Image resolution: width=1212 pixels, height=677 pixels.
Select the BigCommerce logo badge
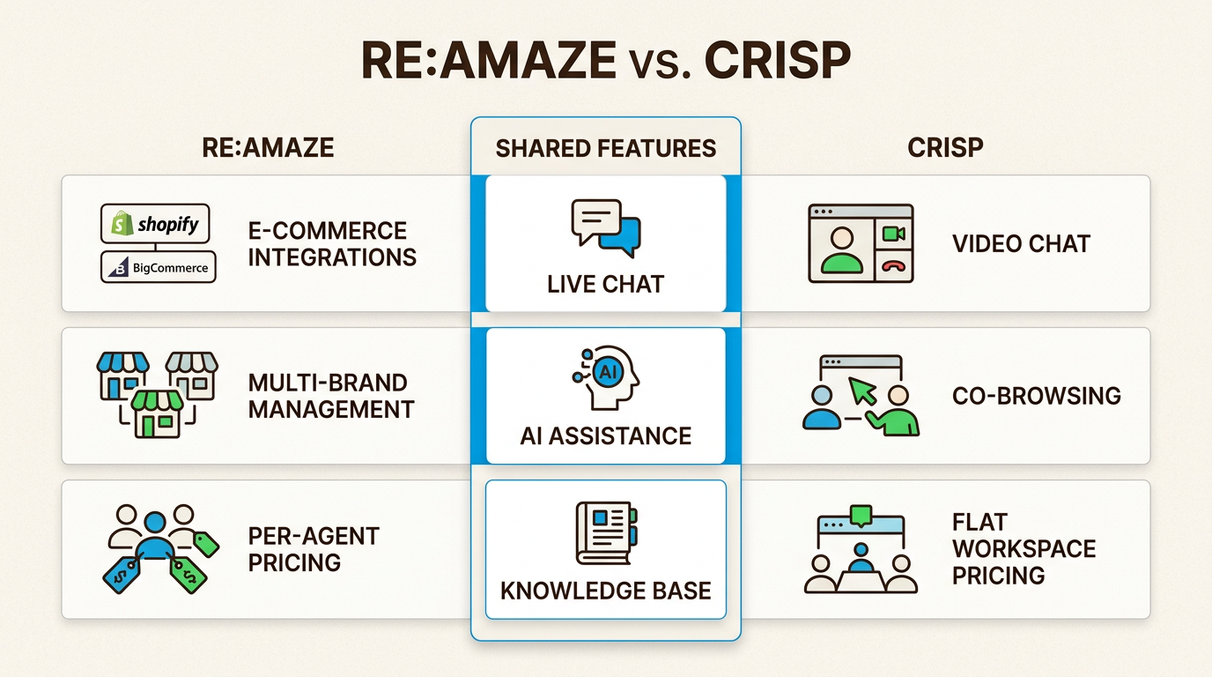(159, 267)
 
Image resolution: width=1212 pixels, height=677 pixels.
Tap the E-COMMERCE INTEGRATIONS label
(332, 244)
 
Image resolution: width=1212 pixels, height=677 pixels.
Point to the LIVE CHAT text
(606, 284)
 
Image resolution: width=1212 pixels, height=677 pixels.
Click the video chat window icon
(861, 243)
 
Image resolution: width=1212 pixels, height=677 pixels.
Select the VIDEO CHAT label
(1021, 243)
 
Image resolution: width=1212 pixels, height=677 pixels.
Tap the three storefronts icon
(157, 395)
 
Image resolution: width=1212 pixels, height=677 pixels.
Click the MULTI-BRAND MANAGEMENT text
(331, 396)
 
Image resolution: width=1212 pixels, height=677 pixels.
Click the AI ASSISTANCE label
(606, 435)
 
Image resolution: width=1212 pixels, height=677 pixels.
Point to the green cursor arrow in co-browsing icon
(863, 390)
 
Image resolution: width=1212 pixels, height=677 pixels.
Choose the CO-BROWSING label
(1036, 395)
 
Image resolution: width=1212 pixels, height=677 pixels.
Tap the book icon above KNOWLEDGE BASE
(606, 532)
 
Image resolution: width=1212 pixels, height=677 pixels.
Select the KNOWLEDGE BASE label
(606, 590)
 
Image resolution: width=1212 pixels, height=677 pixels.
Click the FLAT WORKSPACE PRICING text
(1024, 548)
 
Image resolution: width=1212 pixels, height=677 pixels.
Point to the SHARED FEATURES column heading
(606, 147)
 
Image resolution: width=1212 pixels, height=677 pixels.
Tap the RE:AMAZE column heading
(268, 147)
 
